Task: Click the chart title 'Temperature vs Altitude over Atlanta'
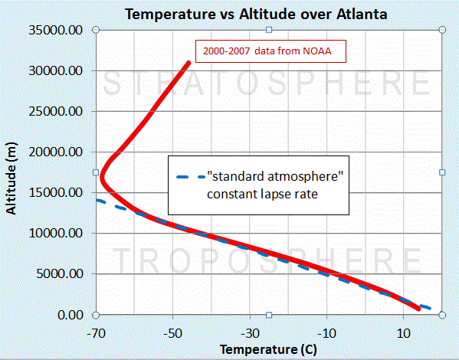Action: coord(256,14)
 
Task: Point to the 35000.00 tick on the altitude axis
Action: coord(56,30)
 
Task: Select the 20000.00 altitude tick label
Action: coord(56,152)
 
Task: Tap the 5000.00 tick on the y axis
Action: coord(60,274)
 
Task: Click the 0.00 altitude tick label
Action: coord(70,316)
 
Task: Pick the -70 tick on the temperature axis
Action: coord(96,333)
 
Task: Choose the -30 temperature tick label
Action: coord(250,333)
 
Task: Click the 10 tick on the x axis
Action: coord(404,333)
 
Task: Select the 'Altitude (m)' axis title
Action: coord(11,178)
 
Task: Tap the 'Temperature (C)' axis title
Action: coord(268,349)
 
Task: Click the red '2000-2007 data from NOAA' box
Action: coord(270,51)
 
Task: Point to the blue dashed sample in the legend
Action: coord(191,177)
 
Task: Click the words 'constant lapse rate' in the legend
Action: coord(262,194)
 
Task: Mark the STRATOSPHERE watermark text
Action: coord(267,83)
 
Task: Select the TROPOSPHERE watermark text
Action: coord(267,260)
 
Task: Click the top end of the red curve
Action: coord(189,63)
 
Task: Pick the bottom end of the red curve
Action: coord(418,309)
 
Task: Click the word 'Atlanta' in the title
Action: coord(362,14)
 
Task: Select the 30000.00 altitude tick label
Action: coord(56,70)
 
